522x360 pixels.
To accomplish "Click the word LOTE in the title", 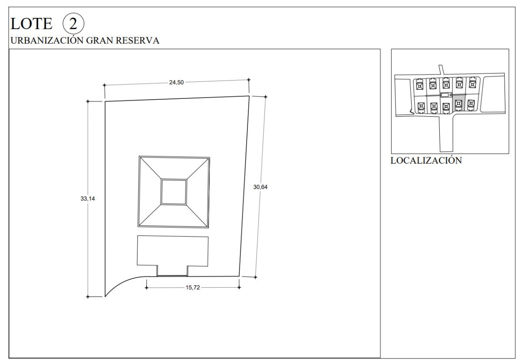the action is [x=31, y=24].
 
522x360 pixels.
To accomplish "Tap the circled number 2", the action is [x=74, y=24].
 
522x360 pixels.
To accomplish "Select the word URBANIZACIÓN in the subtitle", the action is [x=47, y=40].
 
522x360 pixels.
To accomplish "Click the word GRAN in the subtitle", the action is [x=100, y=40].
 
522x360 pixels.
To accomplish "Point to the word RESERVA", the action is [x=137, y=40].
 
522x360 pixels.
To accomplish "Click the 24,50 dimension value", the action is [x=177, y=82].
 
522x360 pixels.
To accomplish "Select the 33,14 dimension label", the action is [x=87, y=199].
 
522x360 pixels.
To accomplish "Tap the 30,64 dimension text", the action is [x=260, y=187].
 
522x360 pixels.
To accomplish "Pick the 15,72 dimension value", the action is [x=193, y=287].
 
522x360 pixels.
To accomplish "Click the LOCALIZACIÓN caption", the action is [x=426, y=161].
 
